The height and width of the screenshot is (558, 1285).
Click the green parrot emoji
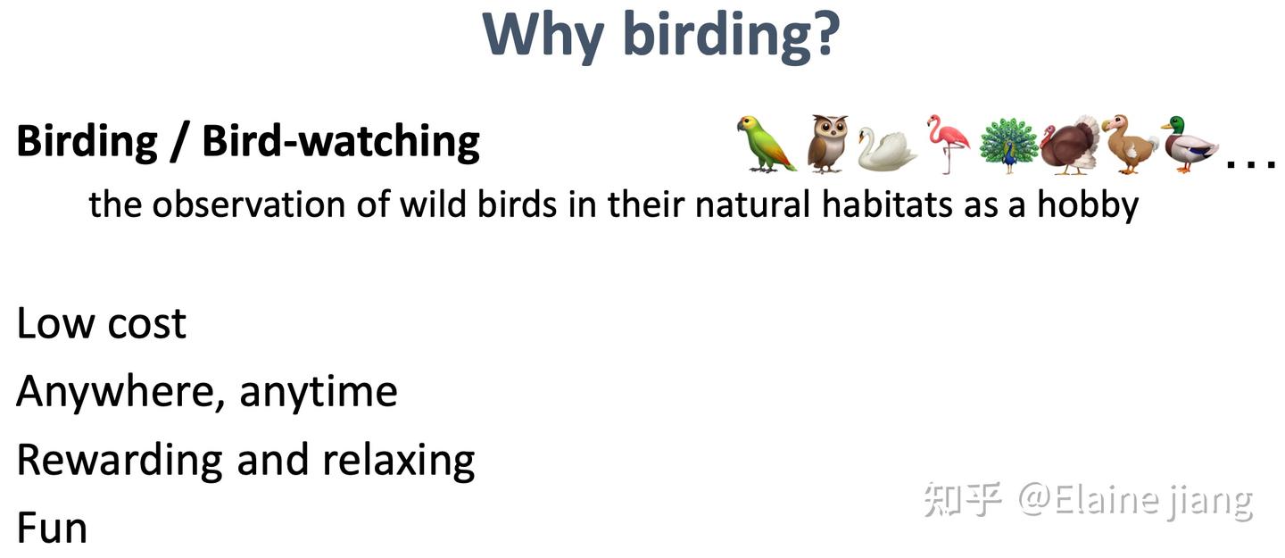[x=766, y=144]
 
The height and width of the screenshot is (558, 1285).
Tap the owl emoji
[x=827, y=144]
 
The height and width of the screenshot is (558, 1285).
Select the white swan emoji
[x=887, y=149]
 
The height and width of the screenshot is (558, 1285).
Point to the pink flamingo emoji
[x=948, y=144]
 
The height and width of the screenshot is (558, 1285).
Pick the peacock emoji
[x=1008, y=145]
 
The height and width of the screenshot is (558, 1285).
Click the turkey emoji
[x=1071, y=145]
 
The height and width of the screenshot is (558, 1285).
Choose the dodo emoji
[x=1130, y=144]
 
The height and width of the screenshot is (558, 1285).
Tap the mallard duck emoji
[x=1190, y=144]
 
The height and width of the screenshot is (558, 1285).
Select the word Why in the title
[x=543, y=37]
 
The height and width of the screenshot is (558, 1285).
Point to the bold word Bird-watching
[x=341, y=141]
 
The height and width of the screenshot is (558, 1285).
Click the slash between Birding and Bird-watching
[x=178, y=142]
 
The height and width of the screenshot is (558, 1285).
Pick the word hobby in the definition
[x=1088, y=205]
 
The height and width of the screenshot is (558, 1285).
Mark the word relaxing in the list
[x=399, y=462]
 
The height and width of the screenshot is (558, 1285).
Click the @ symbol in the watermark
[x=1035, y=498]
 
